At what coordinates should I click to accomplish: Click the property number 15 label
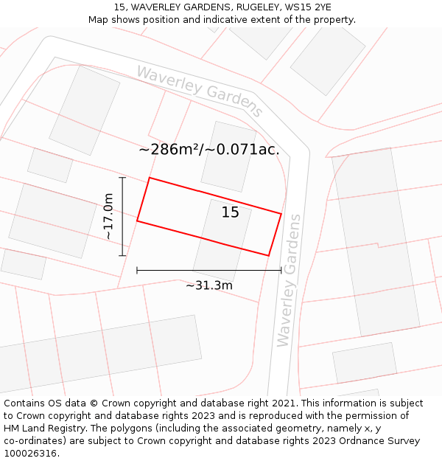coord(231,212)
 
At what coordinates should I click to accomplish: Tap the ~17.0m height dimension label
coord(108,217)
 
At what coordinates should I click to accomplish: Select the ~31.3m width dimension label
coord(209,285)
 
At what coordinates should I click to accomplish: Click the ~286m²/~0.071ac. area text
coord(209,150)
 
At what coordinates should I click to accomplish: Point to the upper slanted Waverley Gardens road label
coord(200,91)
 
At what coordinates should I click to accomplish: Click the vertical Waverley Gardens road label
coord(289,280)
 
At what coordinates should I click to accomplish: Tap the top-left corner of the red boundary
coord(150,178)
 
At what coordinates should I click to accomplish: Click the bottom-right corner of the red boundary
coord(268,256)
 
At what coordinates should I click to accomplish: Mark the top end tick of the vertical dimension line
coord(122,178)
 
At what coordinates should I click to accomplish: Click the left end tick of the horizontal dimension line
coord(137,271)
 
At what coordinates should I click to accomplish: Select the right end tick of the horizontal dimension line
coord(281,271)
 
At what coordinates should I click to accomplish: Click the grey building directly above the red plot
coord(228,156)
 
